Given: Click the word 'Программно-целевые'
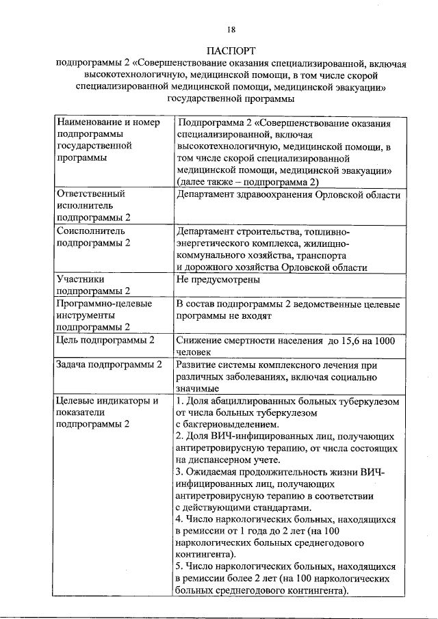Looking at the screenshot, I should click(104, 303).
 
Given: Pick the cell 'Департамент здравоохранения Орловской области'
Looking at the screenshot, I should click(287, 194).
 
